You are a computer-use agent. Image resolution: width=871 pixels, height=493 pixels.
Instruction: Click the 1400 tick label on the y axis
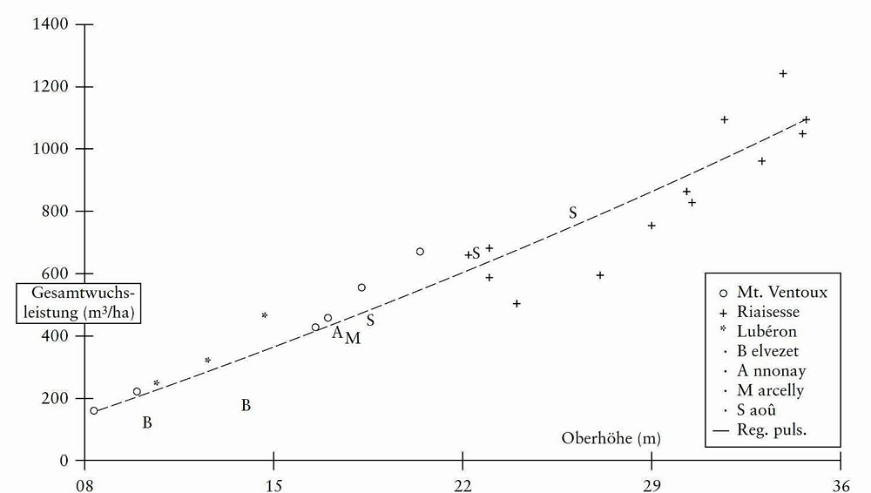pos(51,24)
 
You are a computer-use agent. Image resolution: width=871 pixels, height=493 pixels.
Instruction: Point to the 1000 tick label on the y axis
pos(51,149)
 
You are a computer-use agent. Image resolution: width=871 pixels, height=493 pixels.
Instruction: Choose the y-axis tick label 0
pos(62,461)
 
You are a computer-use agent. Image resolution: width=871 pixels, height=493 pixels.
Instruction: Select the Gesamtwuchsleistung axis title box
pos(79,302)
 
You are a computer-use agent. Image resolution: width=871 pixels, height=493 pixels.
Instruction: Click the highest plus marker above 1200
pos(783,74)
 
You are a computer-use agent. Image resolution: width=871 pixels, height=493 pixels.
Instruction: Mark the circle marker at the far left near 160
pos(94,410)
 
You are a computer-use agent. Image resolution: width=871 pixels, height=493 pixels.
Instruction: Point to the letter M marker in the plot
pos(353,338)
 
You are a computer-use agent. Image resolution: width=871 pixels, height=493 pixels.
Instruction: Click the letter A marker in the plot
pos(337,332)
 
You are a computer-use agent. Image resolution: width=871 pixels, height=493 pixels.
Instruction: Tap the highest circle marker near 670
pos(420,252)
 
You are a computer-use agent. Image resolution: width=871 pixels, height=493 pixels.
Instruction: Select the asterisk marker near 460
pos(265,315)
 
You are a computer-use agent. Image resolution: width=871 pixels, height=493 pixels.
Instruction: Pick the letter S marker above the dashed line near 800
pos(573,213)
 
